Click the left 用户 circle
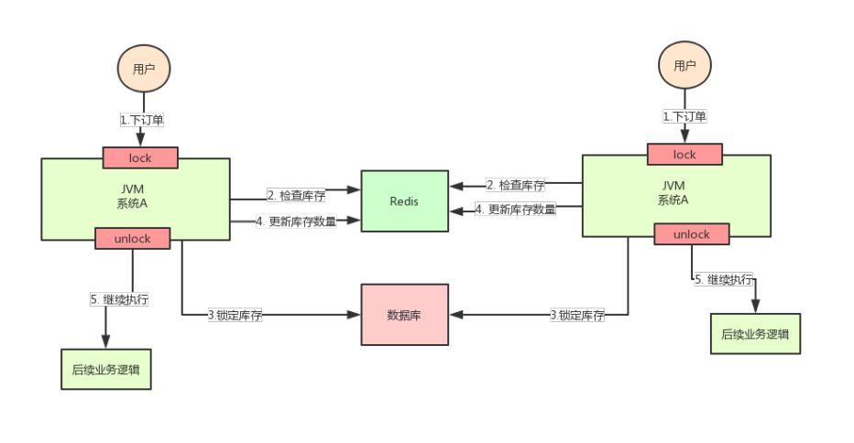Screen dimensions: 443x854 144,68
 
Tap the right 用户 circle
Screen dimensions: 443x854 684,65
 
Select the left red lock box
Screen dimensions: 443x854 140,157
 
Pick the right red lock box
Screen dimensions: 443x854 684,154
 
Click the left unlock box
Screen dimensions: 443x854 133,238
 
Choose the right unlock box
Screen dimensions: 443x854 692,234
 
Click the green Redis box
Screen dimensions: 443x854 404,201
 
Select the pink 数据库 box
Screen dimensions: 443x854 404,315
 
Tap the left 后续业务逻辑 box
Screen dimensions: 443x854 106,370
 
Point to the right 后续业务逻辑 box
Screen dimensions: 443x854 755,334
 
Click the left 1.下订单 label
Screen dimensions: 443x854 142,120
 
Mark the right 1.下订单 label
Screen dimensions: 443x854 684,116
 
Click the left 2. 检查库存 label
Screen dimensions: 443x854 295,195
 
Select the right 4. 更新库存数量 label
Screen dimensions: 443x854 516,210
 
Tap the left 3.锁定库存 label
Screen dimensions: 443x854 235,315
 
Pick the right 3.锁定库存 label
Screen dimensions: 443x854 577,315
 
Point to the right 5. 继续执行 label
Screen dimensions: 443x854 724,280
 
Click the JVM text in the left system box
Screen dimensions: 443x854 134,189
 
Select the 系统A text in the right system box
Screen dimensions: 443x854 673,200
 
